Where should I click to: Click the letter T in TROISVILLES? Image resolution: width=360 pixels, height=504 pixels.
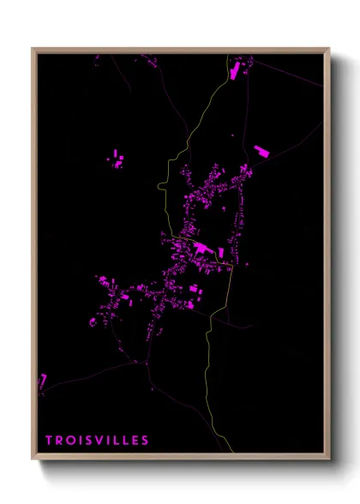[49, 441]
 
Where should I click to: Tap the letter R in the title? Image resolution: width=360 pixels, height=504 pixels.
[60, 441]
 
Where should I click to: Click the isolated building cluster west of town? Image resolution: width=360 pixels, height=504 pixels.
[117, 159]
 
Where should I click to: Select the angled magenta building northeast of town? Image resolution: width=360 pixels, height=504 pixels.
[261, 152]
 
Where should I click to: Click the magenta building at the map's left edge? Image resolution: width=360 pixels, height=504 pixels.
[41, 380]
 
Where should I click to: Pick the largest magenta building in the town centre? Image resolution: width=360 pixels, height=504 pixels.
[202, 249]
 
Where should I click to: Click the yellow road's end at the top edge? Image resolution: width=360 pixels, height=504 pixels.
[227, 55]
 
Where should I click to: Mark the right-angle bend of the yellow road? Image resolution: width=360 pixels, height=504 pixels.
[232, 267]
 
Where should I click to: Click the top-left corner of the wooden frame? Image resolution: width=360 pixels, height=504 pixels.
[33, 49]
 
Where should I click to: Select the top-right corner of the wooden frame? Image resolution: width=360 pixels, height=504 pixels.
[329, 49]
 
